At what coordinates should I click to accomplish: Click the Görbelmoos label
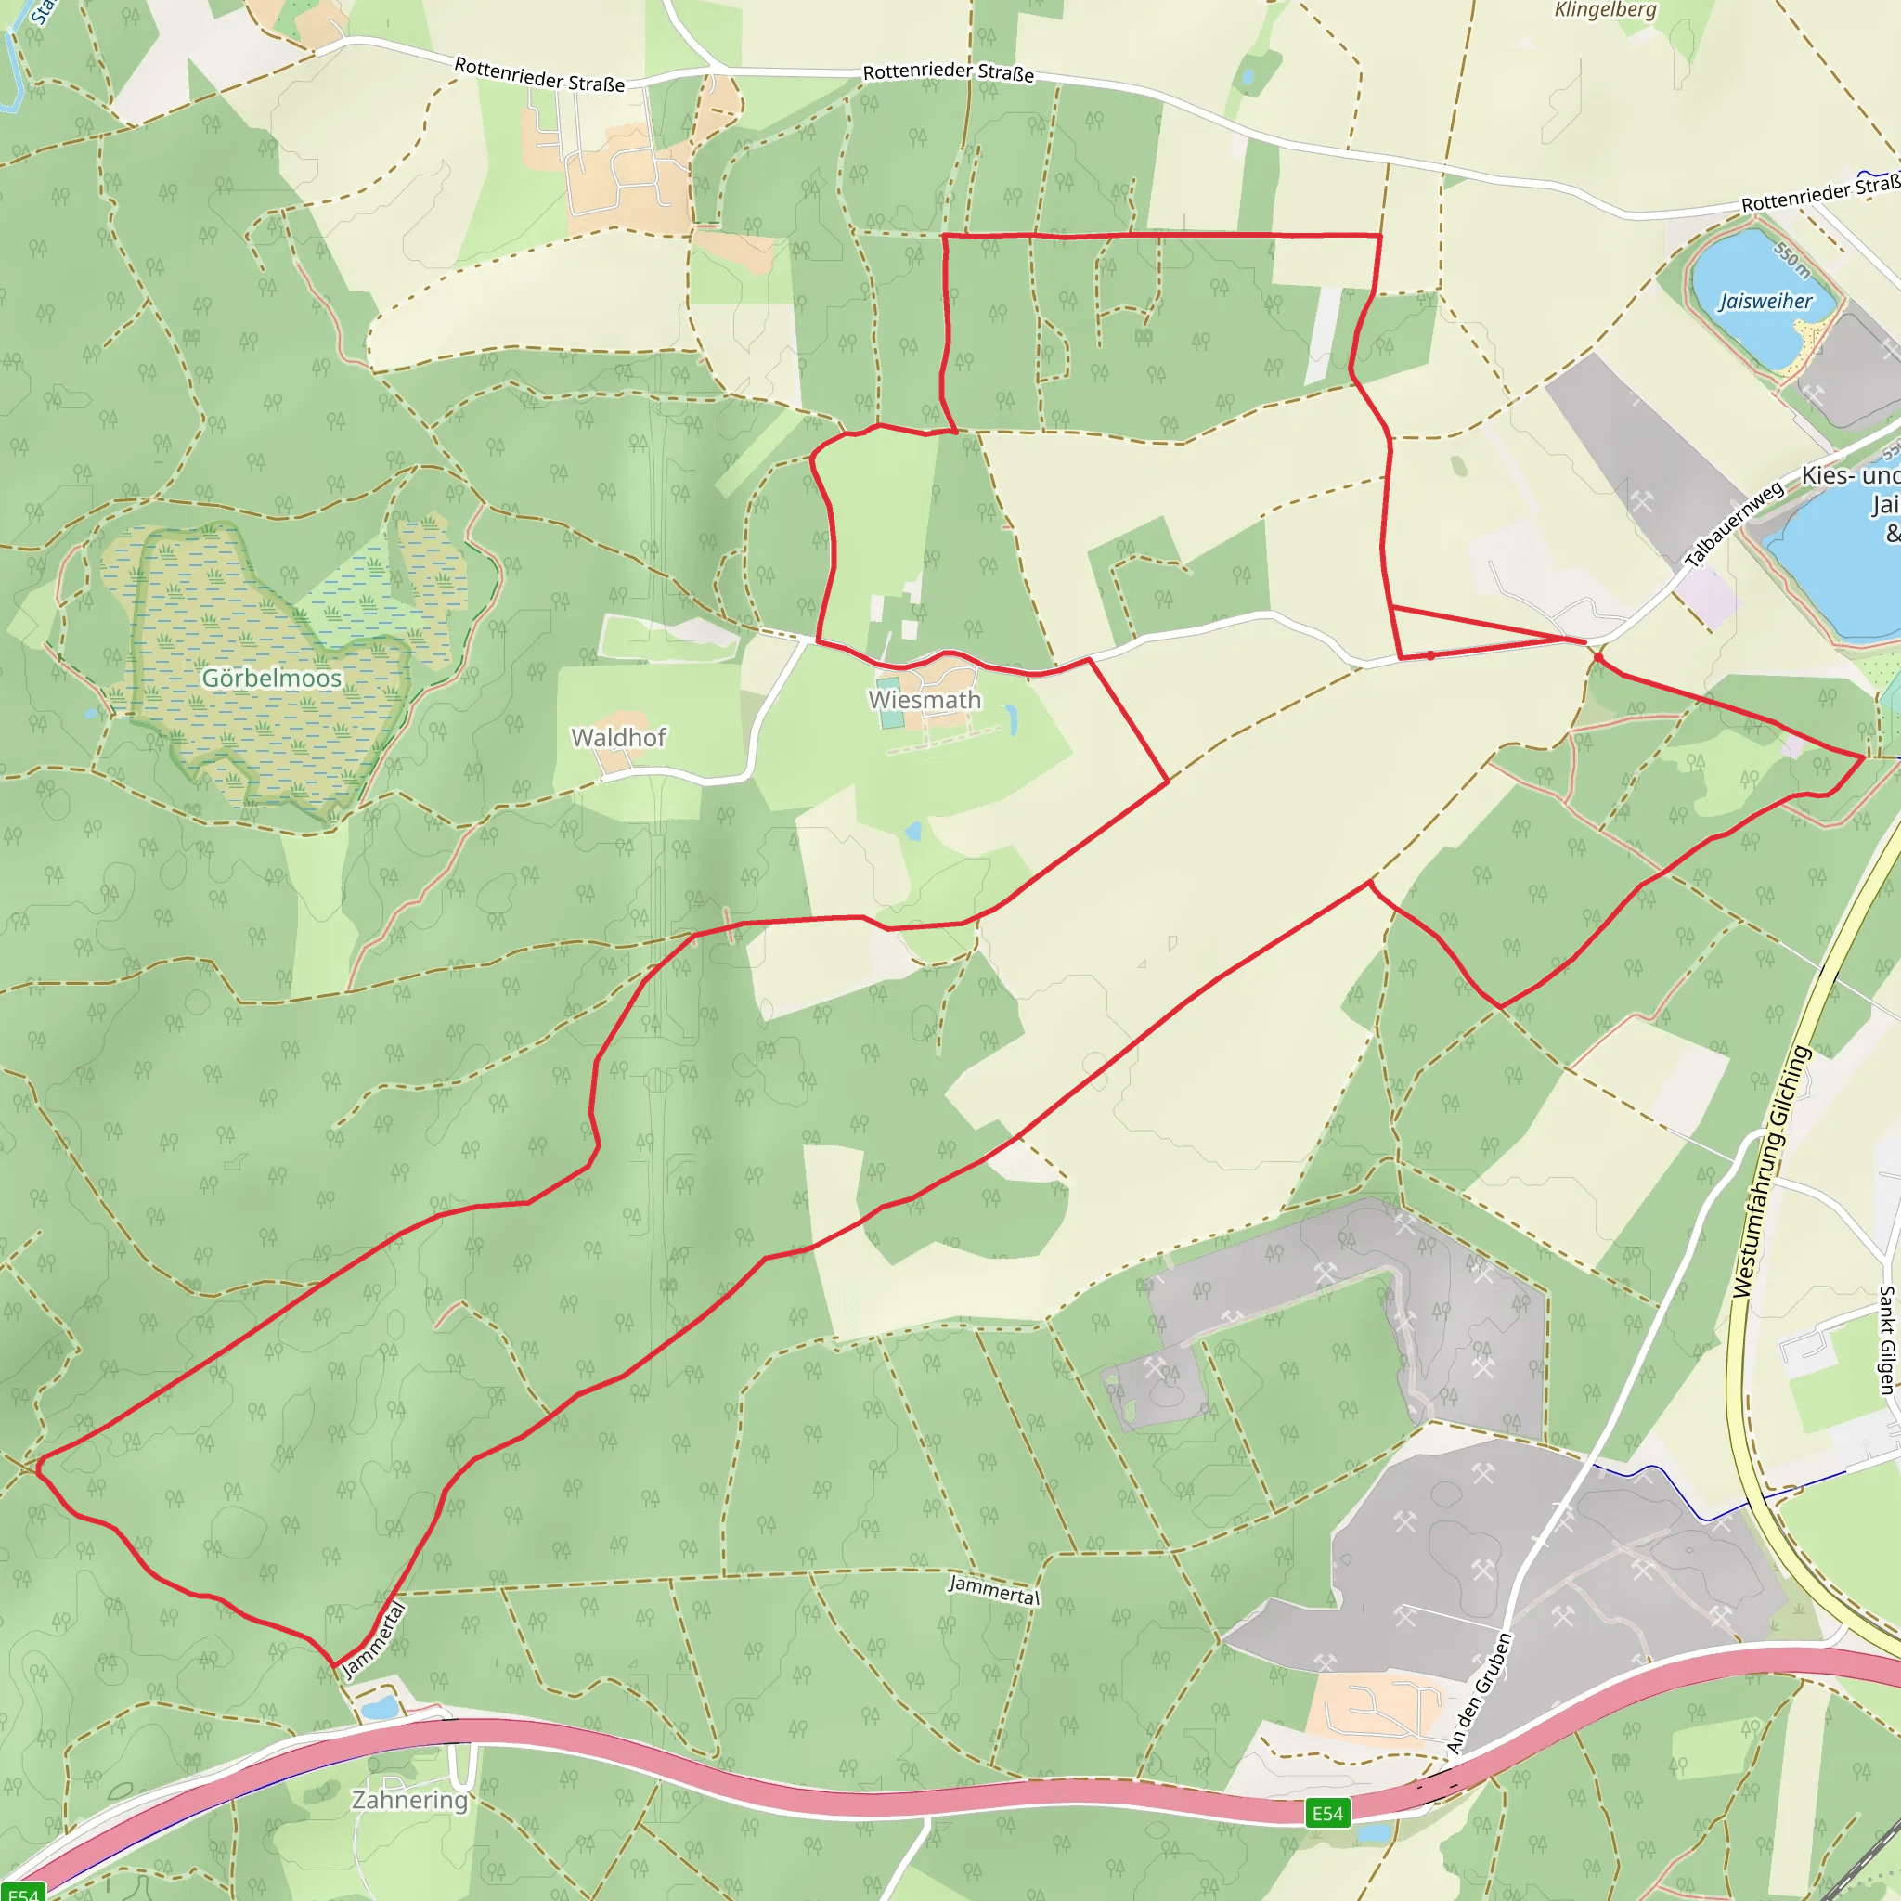coord(272,678)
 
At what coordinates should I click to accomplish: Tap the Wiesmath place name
coord(924,700)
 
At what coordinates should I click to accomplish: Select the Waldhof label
coord(618,737)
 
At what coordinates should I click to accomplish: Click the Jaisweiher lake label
coord(1765,301)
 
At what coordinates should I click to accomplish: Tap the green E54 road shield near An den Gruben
coord(1326,1813)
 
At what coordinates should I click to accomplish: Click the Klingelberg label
coord(1605,10)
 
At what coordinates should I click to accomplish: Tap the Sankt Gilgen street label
coord(1886,1339)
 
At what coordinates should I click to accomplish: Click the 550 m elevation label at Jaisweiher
coord(1791,259)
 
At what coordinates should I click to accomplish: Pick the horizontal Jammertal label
coord(993,1588)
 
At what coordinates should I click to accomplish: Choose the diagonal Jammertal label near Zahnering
coord(373,1640)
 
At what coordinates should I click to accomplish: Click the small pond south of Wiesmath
coord(913,832)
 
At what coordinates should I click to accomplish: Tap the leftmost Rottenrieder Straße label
coord(538,75)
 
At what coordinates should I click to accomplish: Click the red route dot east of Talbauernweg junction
coord(1598,657)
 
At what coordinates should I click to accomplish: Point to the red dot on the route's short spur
coord(1429,655)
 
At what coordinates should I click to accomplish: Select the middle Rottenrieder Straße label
coord(948,71)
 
